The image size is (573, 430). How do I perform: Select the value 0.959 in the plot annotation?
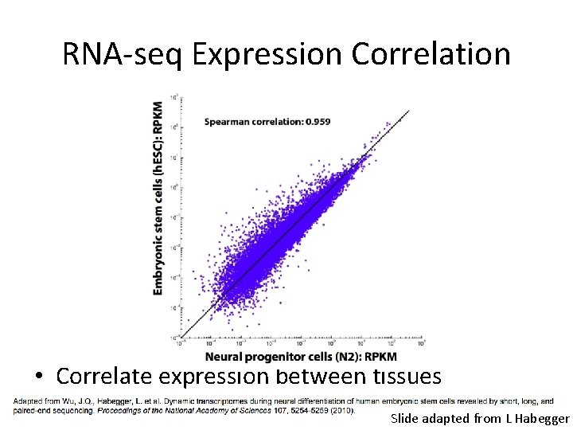(x=317, y=122)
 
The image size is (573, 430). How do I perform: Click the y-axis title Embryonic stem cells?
(x=158, y=227)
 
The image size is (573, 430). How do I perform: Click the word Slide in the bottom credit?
(x=405, y=418)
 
